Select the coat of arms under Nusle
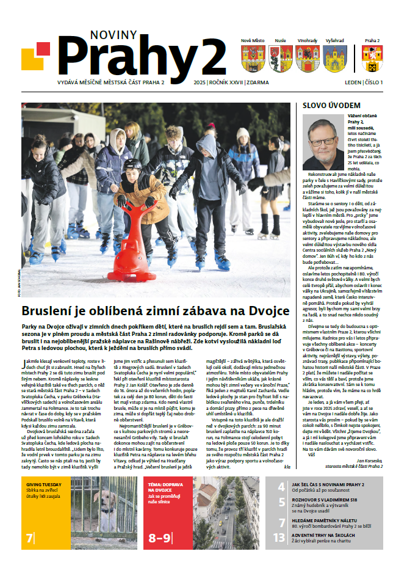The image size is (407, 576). [x=280, y=59]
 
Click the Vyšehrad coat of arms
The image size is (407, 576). [x=334, y=59]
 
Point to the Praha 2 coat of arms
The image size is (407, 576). [x=372, y=59]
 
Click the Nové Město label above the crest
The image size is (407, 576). [x=253, y=40]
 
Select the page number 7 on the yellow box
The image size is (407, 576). [x=30, y=538]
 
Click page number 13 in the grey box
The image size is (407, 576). [x=278, y=538]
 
